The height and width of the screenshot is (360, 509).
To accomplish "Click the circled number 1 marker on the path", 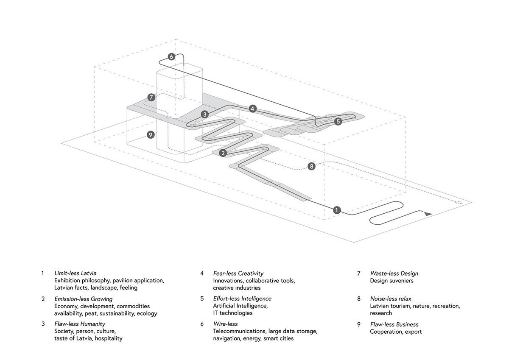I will tap(337, 209).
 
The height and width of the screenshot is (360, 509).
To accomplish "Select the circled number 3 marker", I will tap(205, 114).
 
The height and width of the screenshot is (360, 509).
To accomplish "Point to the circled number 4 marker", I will tap(253, 109).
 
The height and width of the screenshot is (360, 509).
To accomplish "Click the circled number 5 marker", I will tap(338, 121).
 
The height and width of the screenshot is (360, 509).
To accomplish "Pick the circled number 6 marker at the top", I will tap(171, 56).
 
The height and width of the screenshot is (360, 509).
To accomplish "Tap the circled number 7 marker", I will tap(151, 98).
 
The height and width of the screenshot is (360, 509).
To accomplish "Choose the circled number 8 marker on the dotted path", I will tap(312, 166).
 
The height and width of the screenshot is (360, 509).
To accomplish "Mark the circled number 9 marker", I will tap(150, 135).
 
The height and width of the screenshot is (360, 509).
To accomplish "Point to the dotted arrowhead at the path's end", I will tap(459, 203).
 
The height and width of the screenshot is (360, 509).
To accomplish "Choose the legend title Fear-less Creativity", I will tap(238, 273).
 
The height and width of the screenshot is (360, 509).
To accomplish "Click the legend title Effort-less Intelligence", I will tap(242, 299).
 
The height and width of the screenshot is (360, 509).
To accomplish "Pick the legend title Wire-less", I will tap(225, 324).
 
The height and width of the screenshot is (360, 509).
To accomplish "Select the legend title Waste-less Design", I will tap(394, 273).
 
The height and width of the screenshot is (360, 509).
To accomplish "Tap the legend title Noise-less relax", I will tap(391, 299).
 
